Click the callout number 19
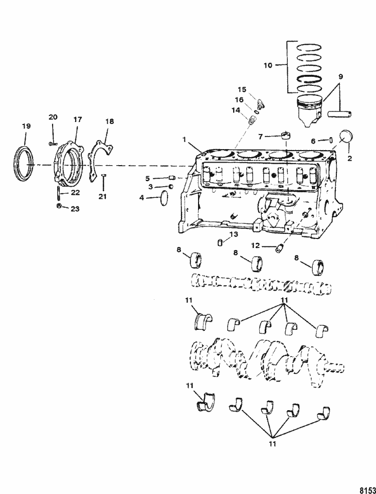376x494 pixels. click(27, 127)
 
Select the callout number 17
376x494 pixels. click(78, 119)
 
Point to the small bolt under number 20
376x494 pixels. click(53, 144)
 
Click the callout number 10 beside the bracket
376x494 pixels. click(268, 66)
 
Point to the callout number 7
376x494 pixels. click(260, 137)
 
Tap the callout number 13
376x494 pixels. click(234, 234)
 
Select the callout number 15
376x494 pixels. click(242, 89)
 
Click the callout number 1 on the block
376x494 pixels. click(185, 139)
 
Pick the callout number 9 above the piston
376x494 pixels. click(341, 76)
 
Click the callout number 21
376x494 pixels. click(103, 196)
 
